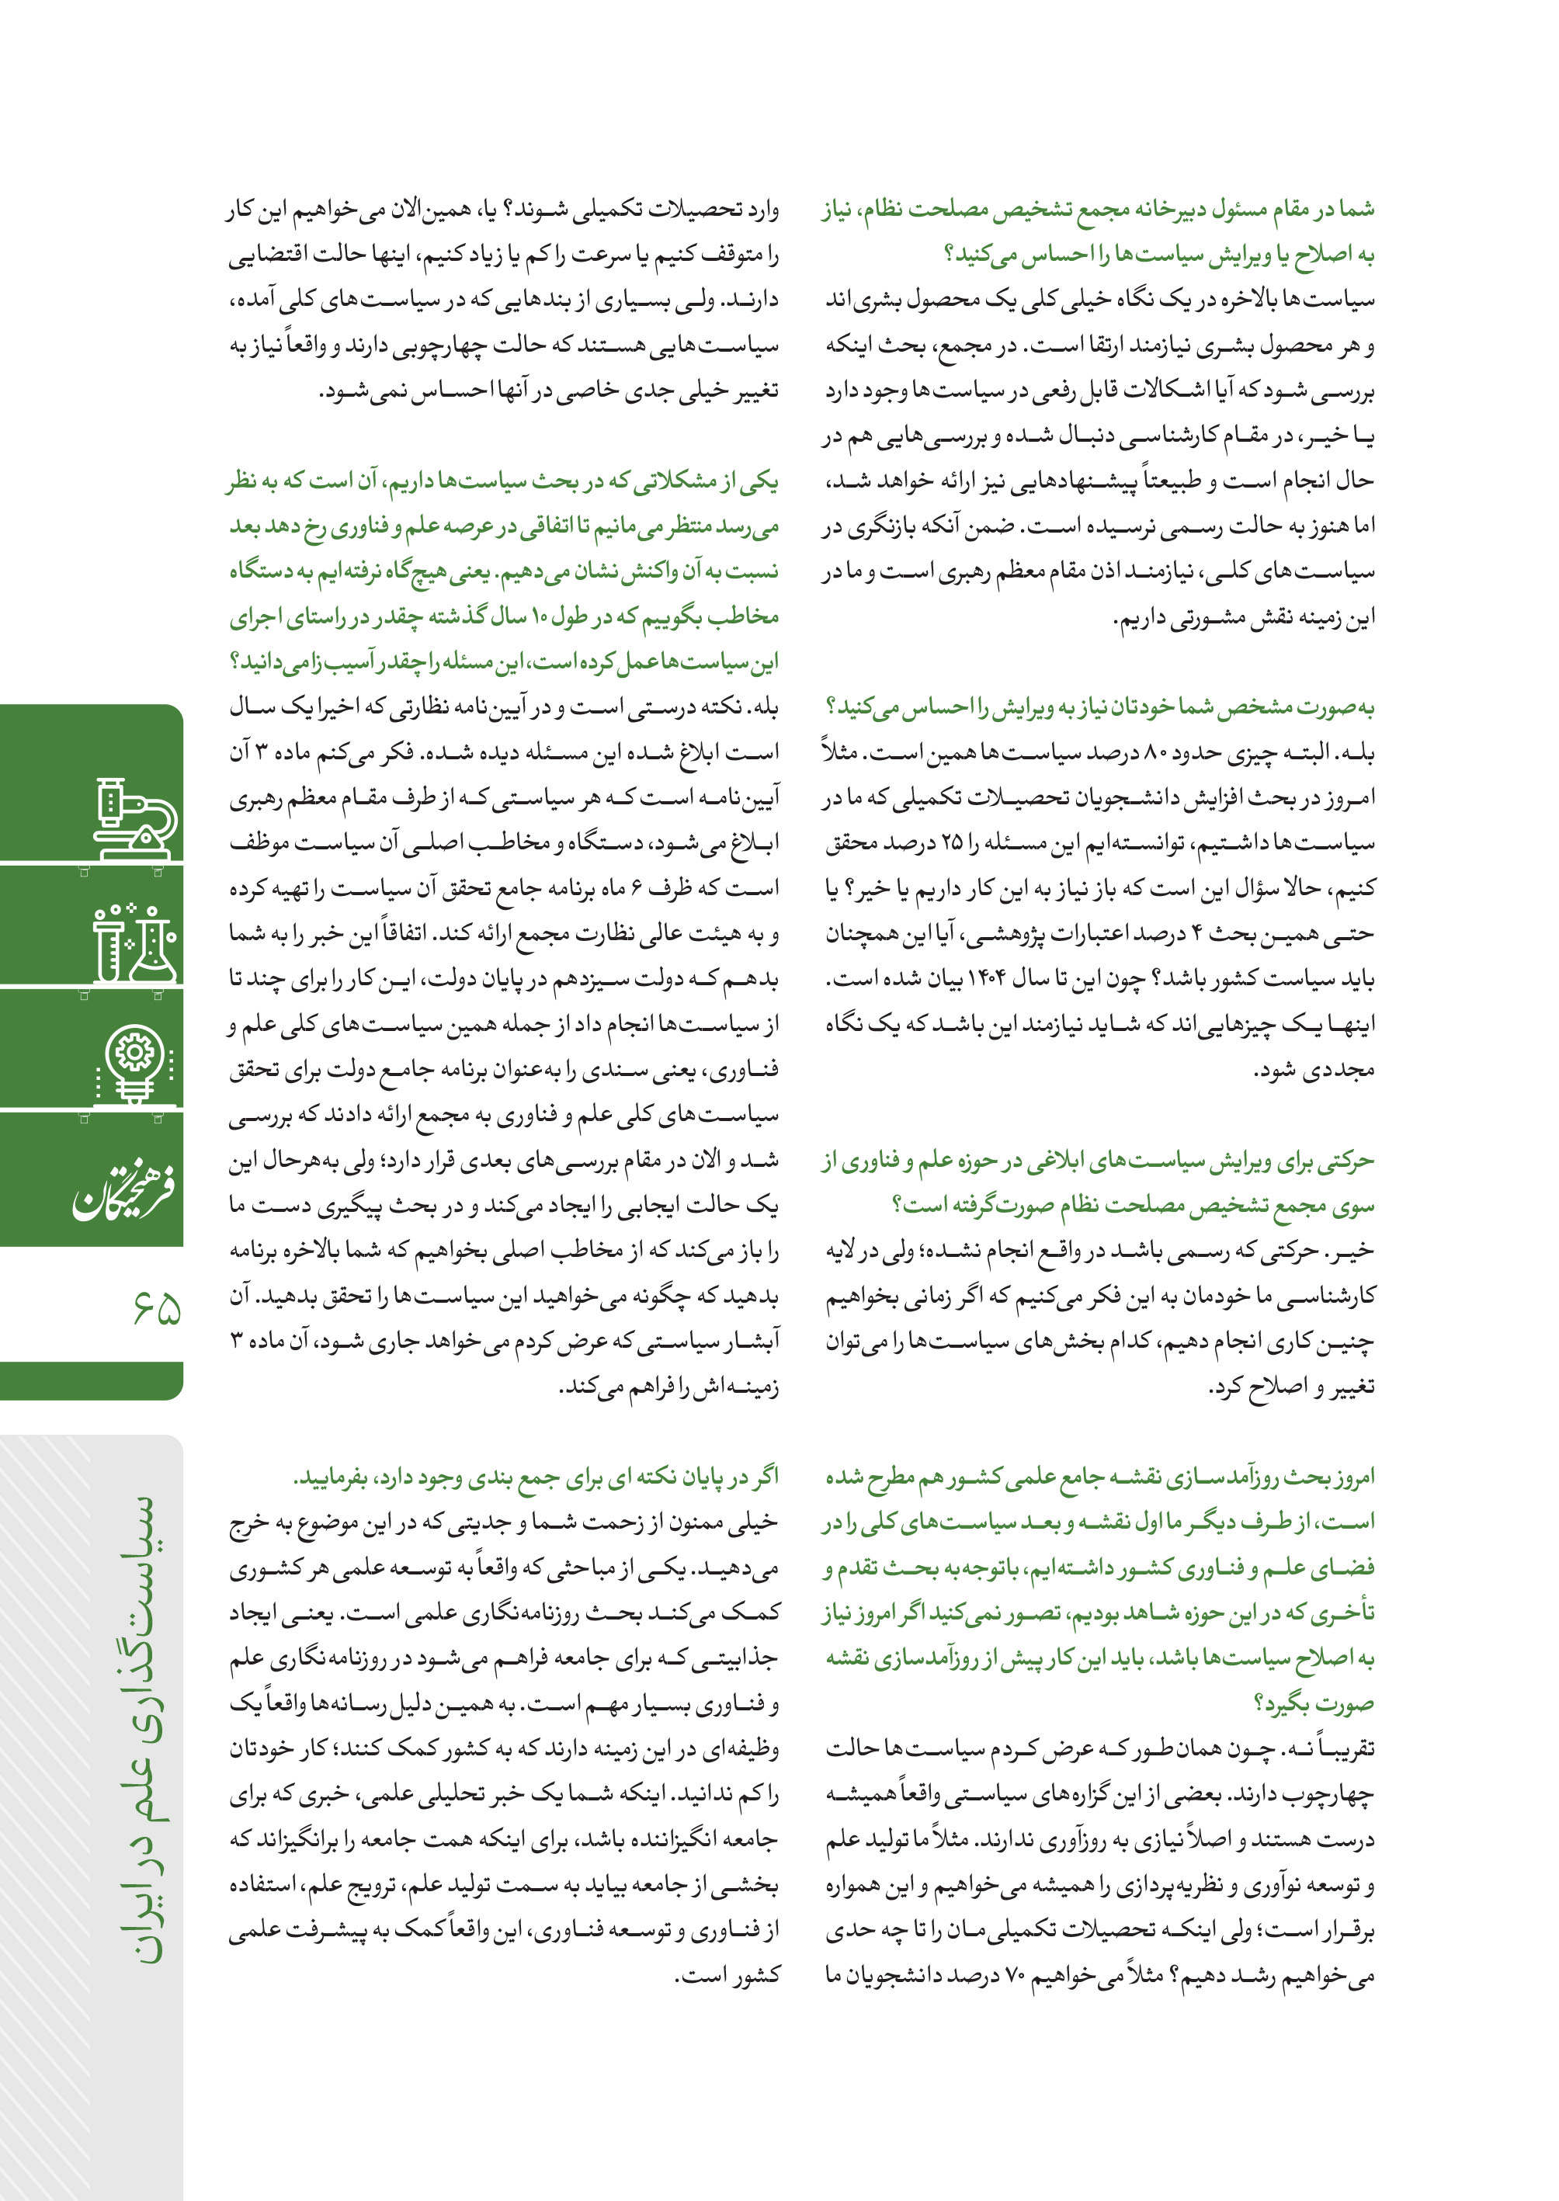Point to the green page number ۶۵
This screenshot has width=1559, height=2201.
(158, 1307)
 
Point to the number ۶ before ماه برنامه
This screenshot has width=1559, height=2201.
(637, 889)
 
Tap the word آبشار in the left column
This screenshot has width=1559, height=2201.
(747, 1341)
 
